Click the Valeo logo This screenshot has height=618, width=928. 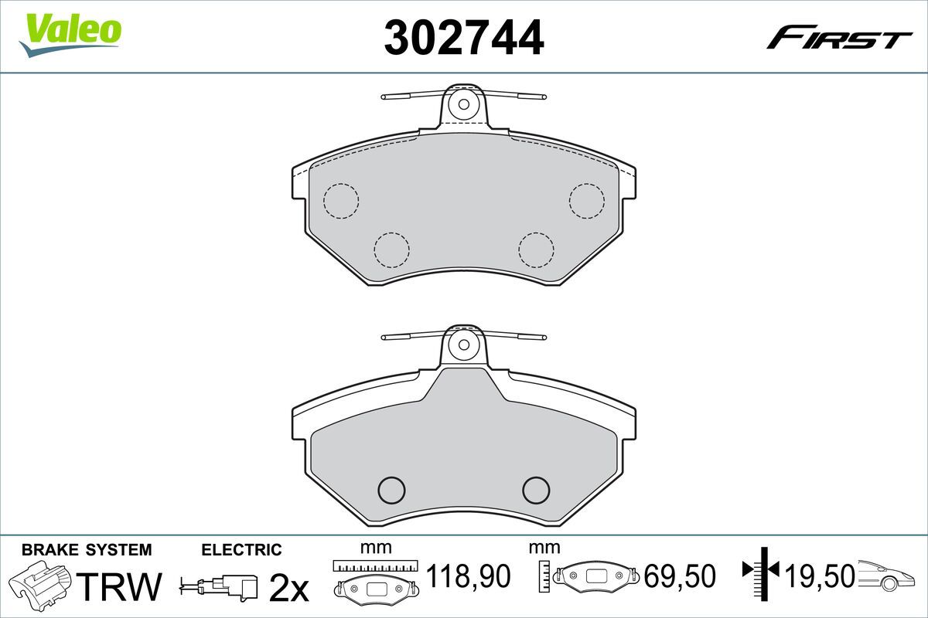(x=70, y=34)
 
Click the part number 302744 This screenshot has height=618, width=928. (x=464, y=37)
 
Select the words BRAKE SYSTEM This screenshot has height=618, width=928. (x=87, y=550)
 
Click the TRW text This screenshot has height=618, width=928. (x=119, y=586)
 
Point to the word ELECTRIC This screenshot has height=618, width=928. (x=241, y=550)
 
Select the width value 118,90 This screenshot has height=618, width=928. (x=469, y=576)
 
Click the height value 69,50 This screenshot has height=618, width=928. (x=680, y=576)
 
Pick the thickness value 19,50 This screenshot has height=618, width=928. (x=820, y=576)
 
